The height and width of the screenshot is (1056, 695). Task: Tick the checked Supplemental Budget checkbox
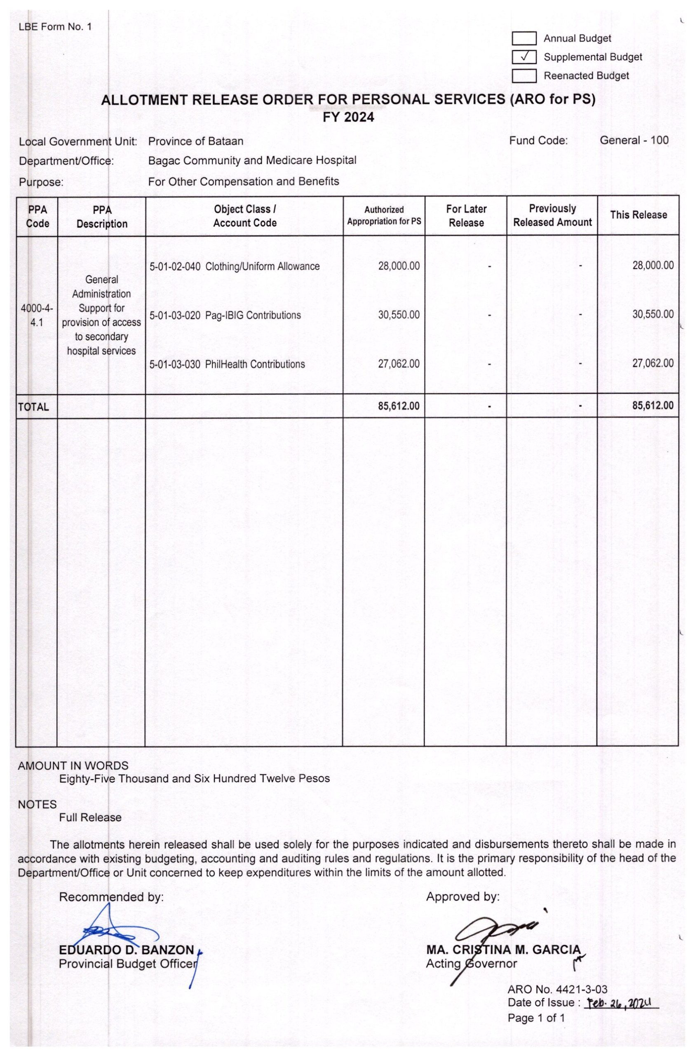pyautogui.click(x=524, y=57)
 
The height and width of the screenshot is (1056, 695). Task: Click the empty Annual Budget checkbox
pyautogui.click(x=524, y=39)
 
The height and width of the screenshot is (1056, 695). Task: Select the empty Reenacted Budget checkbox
pyautogui.click(x=524, y=76)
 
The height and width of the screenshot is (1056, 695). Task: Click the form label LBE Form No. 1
pyautogui.click(x=55, y=27)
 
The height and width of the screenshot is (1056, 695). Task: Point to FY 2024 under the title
pyautogui.click(x=348, y=117)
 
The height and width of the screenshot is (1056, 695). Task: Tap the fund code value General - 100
pyautogui.click(x=634, y=141)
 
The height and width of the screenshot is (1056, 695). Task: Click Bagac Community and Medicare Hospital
pyautogui.click(x=252, y=160)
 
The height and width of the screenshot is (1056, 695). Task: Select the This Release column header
pyautogui.click(x=638, y=215)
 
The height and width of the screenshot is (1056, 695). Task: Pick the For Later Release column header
pyautogui.click(x=466, y=216)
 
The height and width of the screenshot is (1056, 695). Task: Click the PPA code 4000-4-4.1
pyautogui.click(x=37, y=315)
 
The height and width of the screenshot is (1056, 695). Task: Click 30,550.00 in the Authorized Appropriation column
pyautogui.click(x=398, y=315)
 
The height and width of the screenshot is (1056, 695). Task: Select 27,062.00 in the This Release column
pyautogui.click(x=653, y=363)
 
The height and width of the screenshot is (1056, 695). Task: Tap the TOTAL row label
pyautogui.click(x=33, y=407)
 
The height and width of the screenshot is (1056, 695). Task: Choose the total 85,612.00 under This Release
pyautogui.click(x=653, y=405)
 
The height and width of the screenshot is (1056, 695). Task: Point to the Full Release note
pyautogui.click(x=90, y=818)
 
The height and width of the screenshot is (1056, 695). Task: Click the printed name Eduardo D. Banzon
pyautogui.click(x=127, y=950)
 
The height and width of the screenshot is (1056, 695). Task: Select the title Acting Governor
pyautogui.click(x=471, y=964)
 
